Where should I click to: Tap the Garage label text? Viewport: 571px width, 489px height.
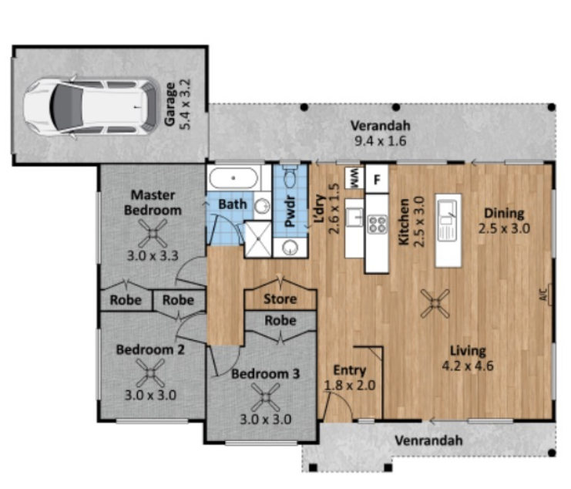[170, 104]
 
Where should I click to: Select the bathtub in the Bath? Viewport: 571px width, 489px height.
[233, 178]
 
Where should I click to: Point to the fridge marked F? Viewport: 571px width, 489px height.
[377, 179]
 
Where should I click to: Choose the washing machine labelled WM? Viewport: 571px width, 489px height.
[354, 178]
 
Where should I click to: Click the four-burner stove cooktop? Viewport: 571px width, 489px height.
[377, 224]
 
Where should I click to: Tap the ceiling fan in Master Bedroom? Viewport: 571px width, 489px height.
[153, 233]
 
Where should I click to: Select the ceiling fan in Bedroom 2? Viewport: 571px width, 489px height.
[150, 373]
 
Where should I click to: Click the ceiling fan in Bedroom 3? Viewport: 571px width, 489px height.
[266, 397]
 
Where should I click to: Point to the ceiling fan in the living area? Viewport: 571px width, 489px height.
[435, 303]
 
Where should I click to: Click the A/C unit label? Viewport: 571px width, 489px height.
[544, 295]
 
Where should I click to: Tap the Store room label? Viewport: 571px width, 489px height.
[280, 299]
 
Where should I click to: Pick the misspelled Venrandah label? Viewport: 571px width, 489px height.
[428, 440]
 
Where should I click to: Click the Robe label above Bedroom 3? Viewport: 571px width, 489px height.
[280, 321]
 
